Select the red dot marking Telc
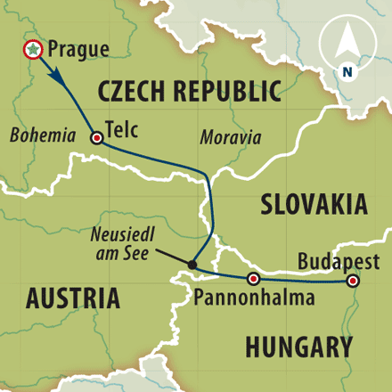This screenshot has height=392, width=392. pyautogui.click(x=96, y=137)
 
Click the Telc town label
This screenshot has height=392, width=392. pyautogui.click(x=122, y=127)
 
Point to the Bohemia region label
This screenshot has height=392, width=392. pyautogui.click(x=43, y=136)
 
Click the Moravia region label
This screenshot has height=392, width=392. pyautogui.click(x=231, y=138)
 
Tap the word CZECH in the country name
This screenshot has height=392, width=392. pyautogui.click(x=135, y=92)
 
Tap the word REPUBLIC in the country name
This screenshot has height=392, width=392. pyautogui.click(x=229, y=92)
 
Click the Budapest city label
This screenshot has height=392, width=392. pyautogui.click(x=339, y=261)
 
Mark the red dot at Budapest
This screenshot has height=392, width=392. pyautogui.click(x=353, y=281)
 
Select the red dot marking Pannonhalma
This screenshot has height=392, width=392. pyautogui.click(x=253, y=279)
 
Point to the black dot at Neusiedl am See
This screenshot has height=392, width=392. pyautogui.click(x=192, y=264)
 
